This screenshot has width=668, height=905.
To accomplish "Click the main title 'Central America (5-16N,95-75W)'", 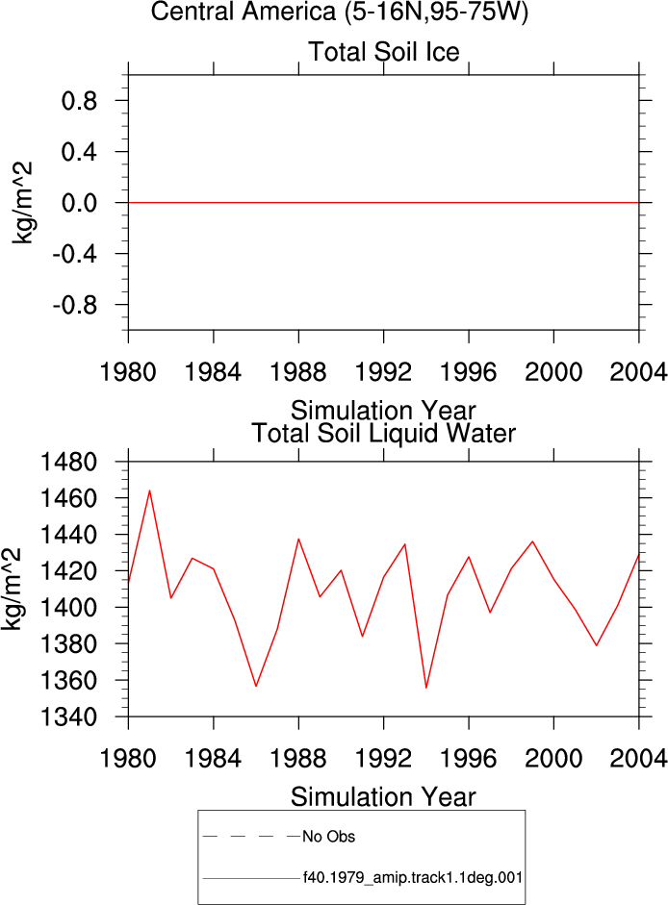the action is [340, 12].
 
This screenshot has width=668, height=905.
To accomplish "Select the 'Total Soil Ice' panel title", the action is [384, 52].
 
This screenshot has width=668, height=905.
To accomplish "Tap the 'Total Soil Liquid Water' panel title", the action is [384, 434].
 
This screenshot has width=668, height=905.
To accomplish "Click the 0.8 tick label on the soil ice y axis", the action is [79, 101].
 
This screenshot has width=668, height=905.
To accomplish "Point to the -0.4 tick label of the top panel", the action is [74, 254].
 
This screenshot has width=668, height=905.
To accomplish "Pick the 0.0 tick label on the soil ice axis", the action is [79, 203].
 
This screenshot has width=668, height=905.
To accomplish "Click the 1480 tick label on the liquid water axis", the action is [68, 462].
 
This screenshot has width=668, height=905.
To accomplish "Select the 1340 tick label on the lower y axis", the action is [68, 716].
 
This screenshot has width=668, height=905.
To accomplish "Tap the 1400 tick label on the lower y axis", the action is [68, 608].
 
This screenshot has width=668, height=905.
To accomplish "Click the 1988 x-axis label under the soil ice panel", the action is [298, 371].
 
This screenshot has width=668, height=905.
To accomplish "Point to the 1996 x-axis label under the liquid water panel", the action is [468, 758].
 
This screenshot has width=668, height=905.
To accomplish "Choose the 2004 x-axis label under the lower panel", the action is [638, 758].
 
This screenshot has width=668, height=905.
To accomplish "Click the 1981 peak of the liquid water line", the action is [149, 490].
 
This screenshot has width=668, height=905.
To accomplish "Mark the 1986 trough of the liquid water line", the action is [256, 686].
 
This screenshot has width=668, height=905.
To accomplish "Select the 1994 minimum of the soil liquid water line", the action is [425, 688].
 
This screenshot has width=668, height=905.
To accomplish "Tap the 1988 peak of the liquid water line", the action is [298, 540].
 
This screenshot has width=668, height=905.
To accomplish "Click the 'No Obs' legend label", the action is [329, 837].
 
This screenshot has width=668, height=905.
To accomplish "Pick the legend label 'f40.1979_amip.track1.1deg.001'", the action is [413, 878].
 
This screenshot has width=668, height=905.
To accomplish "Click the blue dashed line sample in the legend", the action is [252, 836].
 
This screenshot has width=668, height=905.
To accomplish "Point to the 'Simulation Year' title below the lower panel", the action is [383, 797].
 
